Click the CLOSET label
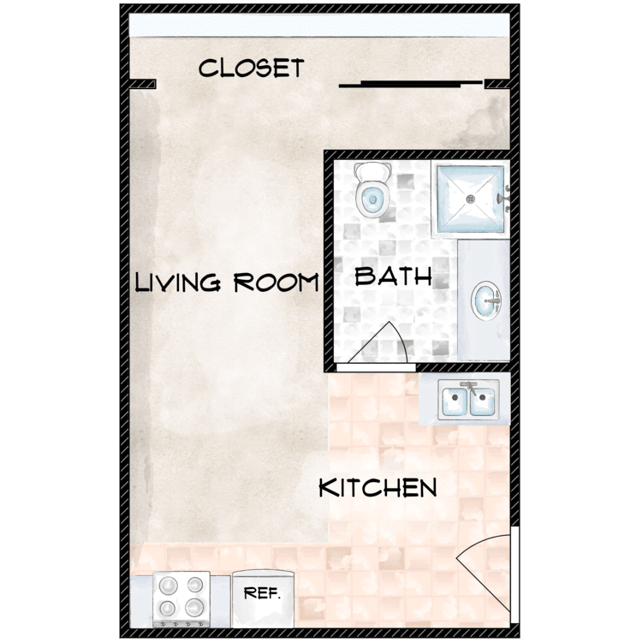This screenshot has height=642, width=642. (251, 68)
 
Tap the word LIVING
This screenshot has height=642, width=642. (177, 282)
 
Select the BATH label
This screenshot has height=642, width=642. (393, 276)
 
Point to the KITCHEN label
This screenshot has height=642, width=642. (377, 488)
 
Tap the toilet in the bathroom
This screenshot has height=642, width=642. (372, 192)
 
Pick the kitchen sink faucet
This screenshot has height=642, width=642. (468, 386)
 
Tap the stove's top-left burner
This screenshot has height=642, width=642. (167, 586)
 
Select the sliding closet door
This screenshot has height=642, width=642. (411, 84)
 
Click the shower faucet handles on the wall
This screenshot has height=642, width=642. (507, 198)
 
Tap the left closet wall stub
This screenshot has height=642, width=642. (143, 84)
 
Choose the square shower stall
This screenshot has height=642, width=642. (470, 199)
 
